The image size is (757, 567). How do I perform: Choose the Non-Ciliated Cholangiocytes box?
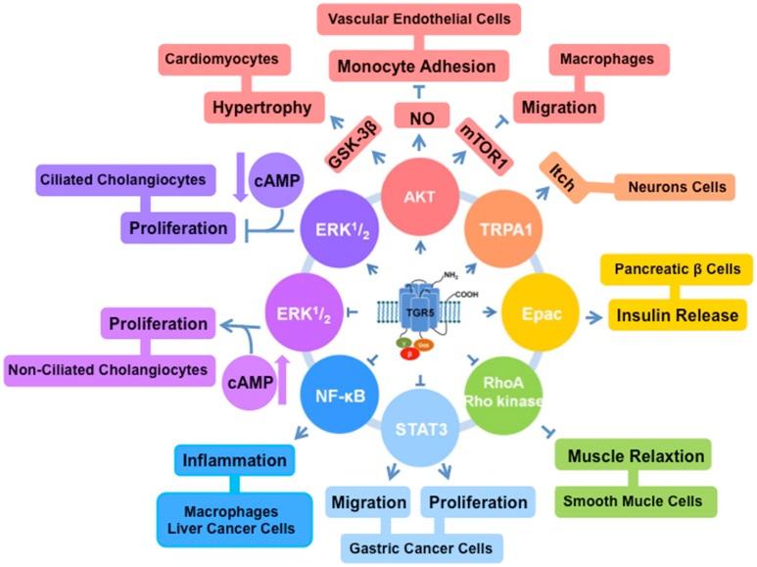point(110,369)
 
